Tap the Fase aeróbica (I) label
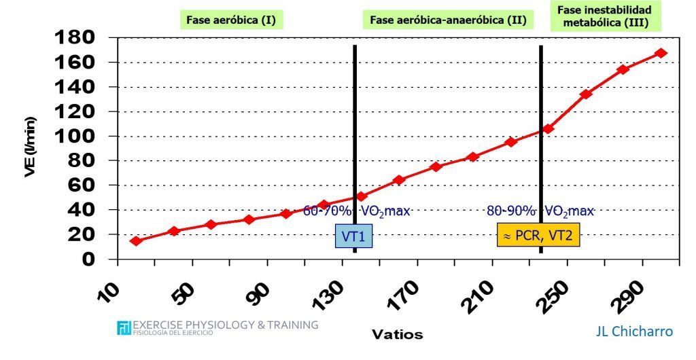[x=231, y=20]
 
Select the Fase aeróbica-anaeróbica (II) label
[x=449, y=20]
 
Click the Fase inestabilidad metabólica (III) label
[x=604, y=16]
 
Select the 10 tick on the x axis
[x=109, y=291]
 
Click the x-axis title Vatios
[x=397, y=334]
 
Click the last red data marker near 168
[x=661, y=53]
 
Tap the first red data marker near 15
[x=136, y=241]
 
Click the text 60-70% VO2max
[x=356, y=211]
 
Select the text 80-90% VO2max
[x=540, y=211]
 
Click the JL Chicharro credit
[x=633, y=331]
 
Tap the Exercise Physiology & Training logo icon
[x=124, y=327]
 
